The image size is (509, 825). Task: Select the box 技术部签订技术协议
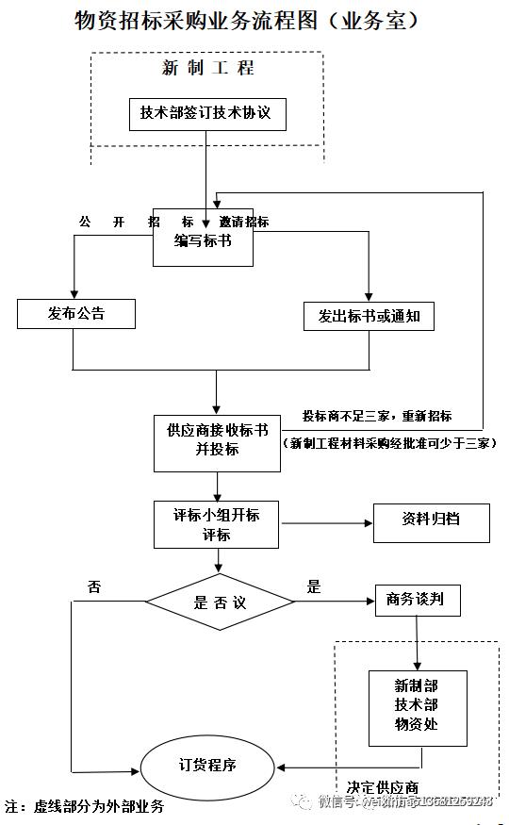click(x=205, y=113)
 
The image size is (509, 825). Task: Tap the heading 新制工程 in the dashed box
click(x=207, y=68)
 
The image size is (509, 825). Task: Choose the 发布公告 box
click(x=76, y=314)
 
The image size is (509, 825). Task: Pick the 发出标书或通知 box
click(x=369, y=316)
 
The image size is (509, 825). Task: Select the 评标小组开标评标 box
click(x=217, y=524)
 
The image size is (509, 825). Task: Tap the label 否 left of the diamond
click(x=94, y=586)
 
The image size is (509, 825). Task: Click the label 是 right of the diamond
click(x=314, y=586)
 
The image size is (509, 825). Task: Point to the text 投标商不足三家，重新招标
click(x=376, y=416)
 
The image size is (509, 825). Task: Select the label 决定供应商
click(x=382, y=787)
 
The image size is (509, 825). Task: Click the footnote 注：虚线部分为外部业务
click(x=84, y=807)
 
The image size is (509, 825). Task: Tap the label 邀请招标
click(x=244, y=222)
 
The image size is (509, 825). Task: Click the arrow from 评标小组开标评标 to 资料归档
click(x=325, y=522)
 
